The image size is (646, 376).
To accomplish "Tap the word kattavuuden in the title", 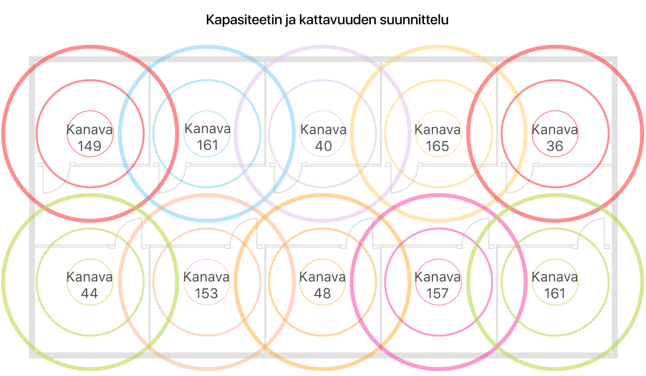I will pyautogui.click(x=330, y=21).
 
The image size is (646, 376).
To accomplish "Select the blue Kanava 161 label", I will pyautogui.click(x=207, y=137).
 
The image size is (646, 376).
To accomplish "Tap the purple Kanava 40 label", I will pyautogui.click(x=323, y=138).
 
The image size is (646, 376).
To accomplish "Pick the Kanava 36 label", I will pyautogui.click(x=554, y=137).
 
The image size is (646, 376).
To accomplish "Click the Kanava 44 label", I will pyautogui.click(x=90, y=285).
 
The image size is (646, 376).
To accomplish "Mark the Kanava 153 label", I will pyautogui.click(x=206, y=285).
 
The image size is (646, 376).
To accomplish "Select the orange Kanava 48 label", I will pyautogui.click(x=322, y=285).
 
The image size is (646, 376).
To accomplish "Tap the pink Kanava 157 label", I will pyautogui.click(x=437, y=285).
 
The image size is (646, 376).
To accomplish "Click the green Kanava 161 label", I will pyautogui.click(x=554, y=285).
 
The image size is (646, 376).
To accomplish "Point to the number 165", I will pyautogui.click(x=437, y=146).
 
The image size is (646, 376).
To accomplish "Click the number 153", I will pyautogui.click(x=206, y=294).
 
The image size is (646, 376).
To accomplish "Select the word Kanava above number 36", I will pyautogui.click(x=554, y=130).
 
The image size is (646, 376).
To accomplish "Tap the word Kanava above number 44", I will pyautogui.click(x=90, y=277).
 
